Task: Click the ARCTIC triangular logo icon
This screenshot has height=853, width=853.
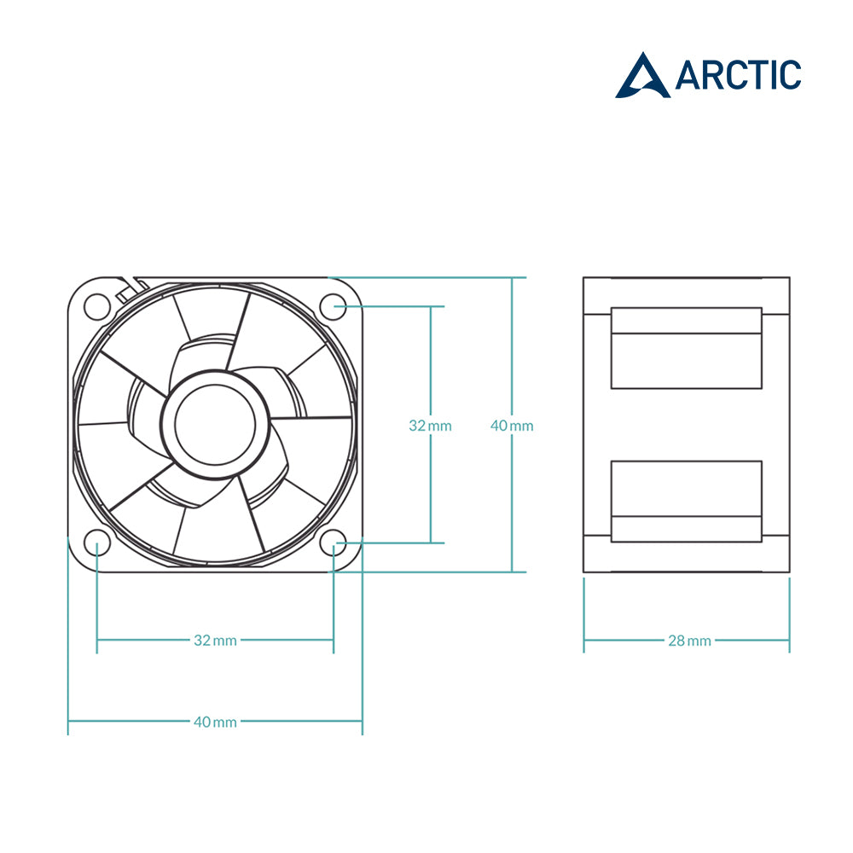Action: tap(642, 76)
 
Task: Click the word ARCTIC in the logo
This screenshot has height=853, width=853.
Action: tap(738, 75)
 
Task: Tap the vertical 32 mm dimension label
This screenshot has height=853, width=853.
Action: tap(430, 426)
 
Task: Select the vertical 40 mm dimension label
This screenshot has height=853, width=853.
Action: tap(512, 426)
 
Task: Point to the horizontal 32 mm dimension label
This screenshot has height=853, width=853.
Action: tap(216, 641)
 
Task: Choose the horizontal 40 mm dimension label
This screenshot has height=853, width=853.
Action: tap(216, 722)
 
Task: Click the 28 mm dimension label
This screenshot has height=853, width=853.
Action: tap(690, 641)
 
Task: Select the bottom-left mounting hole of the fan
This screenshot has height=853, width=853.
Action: tap(97, 543)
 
